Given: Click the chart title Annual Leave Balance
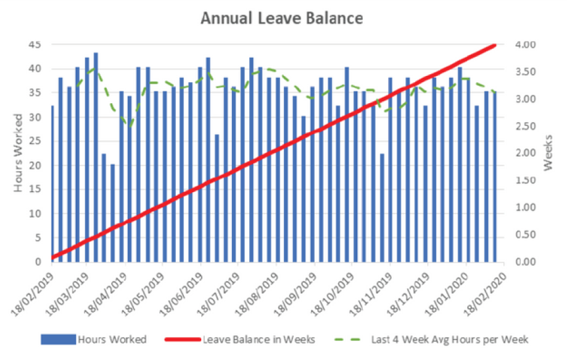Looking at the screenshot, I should [x=282, y=19].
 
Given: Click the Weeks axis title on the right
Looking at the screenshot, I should [x=547, y=153].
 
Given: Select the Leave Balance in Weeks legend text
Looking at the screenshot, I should [x=259, y=339].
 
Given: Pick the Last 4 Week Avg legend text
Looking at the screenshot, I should [x=450, y=339].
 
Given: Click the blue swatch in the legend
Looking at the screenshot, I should [x=58, y=339].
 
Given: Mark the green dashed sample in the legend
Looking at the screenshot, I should [x=350, y=339].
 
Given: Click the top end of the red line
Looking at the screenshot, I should [x=495, y=45].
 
